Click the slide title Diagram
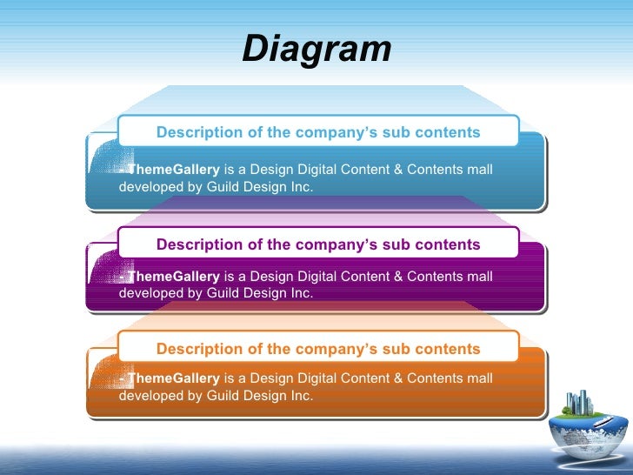pos(316,50)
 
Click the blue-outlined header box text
pos(318,133)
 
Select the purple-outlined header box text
pos(318,244)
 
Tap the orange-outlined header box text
pos(318,349)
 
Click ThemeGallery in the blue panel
pos(173,169)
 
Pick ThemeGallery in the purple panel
pos(173,277)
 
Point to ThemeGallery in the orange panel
pos(173,378)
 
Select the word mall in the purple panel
pos(479,277)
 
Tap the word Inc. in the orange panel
pos(300,396)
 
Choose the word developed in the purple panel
pos(150,293)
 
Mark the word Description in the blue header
pos(199,133)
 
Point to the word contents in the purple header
pos(448,244)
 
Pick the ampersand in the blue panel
pos(399,169)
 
